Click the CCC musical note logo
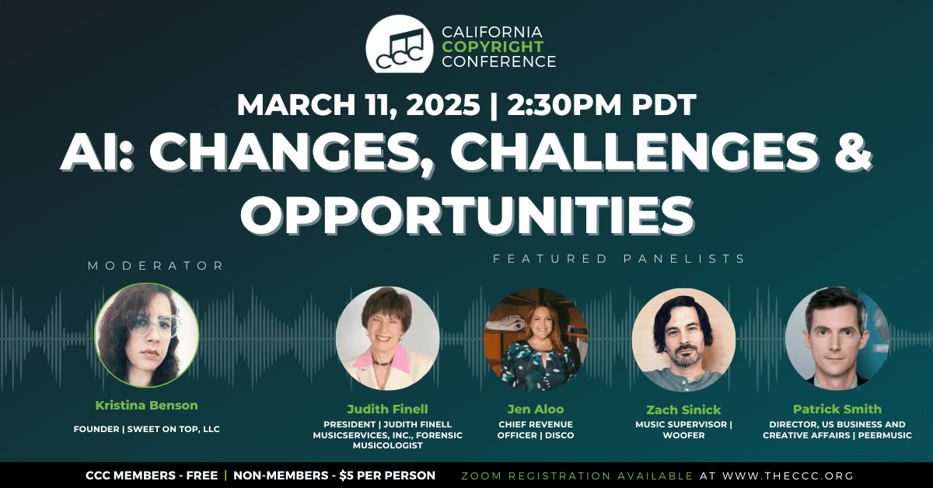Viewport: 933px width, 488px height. [x=400, y=44]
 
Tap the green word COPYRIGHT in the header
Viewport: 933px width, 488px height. [x=493, y=47]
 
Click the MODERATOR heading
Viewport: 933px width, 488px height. [x=155, y=266]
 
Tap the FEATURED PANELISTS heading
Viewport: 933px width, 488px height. [x=619, y=259]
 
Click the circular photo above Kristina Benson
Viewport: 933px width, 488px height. [x=147, y=335]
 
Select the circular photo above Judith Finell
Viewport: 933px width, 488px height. [x=388, y=338]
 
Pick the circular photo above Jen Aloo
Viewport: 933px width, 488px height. [x=536, y=340]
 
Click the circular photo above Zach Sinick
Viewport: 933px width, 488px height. [x=683, y=340]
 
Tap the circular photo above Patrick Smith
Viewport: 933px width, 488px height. [x=837, y=338]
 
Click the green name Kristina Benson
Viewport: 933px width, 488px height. [x=147, y=405]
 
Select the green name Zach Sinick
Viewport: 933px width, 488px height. [x=683, y=410]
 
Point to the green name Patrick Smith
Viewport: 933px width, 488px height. [x=837, y=409]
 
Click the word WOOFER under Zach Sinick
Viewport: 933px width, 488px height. [x=684, y=435]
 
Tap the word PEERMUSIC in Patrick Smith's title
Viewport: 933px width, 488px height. [x=885, y=435]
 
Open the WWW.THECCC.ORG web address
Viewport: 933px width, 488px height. [x=788, y=476]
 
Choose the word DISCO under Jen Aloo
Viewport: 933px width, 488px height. [x=559, y=435]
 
